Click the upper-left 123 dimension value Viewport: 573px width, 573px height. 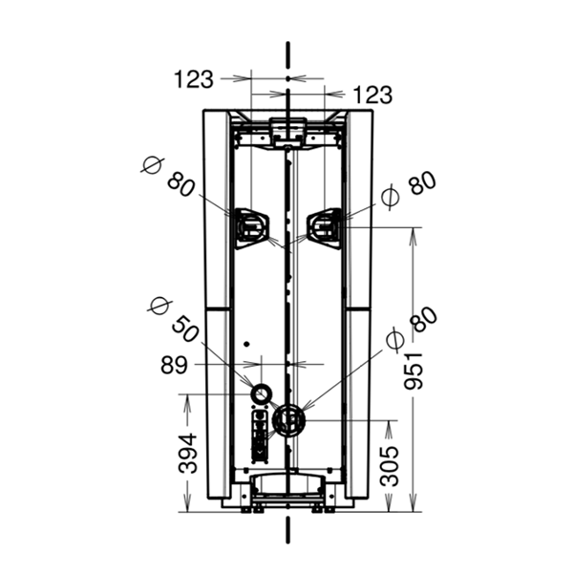(x=193, y=79)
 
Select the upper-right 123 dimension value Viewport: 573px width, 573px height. (x=372, y=95)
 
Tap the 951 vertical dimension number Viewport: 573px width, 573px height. (x=414, y=371)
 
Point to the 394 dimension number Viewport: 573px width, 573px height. (x=187, y=453)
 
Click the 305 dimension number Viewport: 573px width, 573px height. (x=389, y=467)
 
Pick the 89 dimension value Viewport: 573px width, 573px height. (x=174, y=365)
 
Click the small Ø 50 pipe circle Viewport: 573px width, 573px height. (x=262, y=394)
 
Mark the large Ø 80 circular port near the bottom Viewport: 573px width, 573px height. (x=288, y=420)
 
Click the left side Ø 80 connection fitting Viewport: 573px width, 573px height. (x=251, y=228)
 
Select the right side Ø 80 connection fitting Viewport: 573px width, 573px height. (x=325, y=228)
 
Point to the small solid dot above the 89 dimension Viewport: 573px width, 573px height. (x=246, y=344)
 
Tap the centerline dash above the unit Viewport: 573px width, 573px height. (x=288, y=54)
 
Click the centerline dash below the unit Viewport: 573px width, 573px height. (x=288, y=530)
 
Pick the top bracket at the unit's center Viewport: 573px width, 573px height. (x=288, y=132)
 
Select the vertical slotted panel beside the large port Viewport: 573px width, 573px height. (x=260, y=436)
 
